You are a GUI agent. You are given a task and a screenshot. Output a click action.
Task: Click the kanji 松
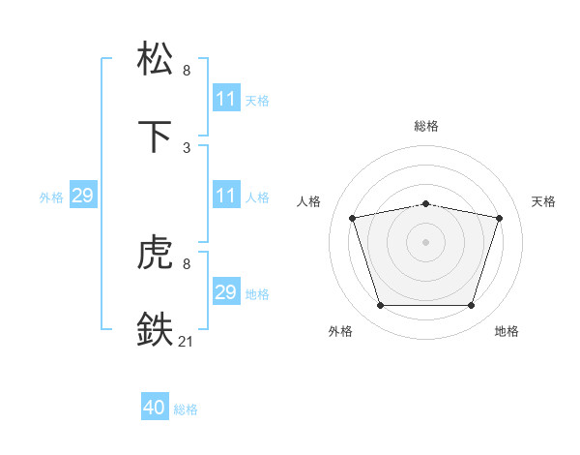(x=157, y=58)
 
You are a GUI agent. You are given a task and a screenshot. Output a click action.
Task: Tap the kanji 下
(x=157, y=136)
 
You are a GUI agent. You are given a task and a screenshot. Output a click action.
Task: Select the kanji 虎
(x=157, y=253)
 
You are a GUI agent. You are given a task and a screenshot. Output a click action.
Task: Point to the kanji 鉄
(x=157, y=329)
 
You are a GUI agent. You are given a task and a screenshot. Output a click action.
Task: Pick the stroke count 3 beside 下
(x=187, y=147)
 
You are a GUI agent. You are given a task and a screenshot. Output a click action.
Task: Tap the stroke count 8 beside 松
(x=187, y=70)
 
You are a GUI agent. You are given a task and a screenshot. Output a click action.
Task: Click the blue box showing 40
(x=155, y=409)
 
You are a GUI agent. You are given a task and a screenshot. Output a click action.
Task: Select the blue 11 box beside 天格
(x=225, y=99)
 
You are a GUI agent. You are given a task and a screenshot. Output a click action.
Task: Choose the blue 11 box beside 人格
(x=225, y=196)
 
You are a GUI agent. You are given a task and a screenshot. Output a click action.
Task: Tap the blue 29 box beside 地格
(x=225, y=292)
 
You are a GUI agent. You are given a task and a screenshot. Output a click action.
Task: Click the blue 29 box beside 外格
(x=82, y=196)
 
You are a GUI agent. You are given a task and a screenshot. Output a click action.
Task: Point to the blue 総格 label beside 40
(x=186, y=409)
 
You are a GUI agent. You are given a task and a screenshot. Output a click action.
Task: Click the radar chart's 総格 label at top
(x=426, y=126)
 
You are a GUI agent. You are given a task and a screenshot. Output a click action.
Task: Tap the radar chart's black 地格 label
(x=507, y=331)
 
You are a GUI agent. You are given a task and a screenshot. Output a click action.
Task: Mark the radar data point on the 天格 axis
(x=499, y=218)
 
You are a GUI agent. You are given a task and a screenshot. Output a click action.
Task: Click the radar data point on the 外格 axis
(x=381, y=305)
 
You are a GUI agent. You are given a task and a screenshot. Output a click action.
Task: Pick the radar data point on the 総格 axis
(x=426, y=203)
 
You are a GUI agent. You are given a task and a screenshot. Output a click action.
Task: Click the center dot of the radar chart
(x=426, y=242)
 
